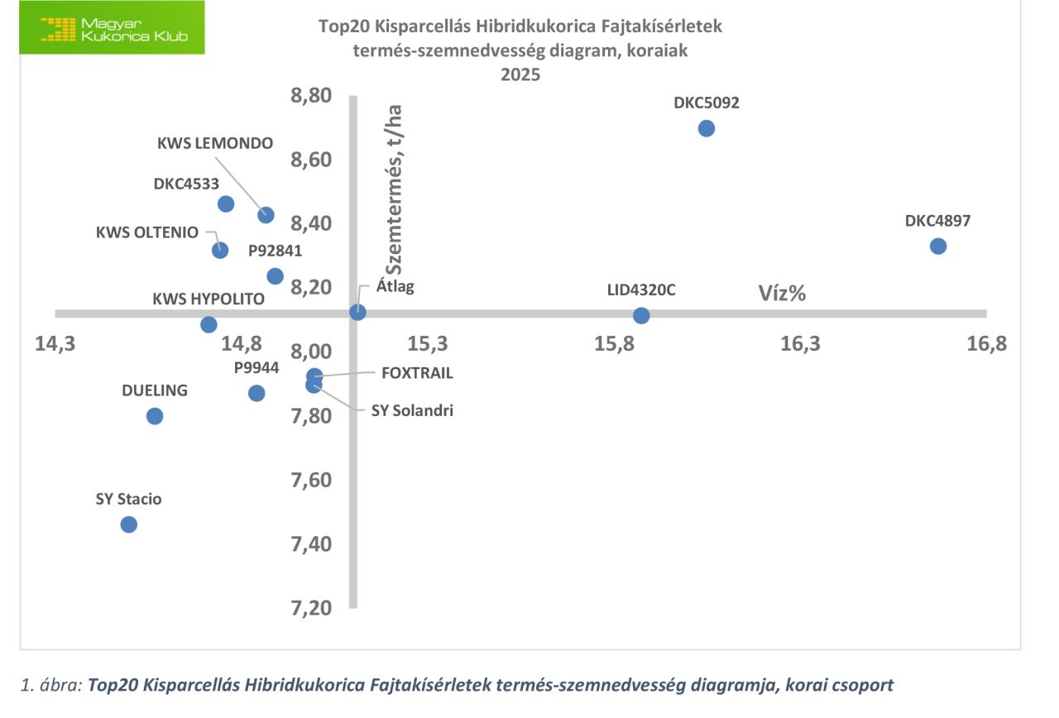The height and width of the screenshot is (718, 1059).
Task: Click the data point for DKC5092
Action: pos(706,128)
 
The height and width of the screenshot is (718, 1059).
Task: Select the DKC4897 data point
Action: pos(937,246)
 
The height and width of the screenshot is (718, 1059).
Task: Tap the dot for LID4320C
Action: pos(641,315)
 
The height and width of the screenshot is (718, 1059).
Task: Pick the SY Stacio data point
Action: pos(128,524)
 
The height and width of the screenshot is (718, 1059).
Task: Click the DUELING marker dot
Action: pos(155,415)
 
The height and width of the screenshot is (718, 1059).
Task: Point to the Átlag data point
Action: pos(357,312)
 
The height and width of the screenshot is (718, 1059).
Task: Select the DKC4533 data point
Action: pos(226,203)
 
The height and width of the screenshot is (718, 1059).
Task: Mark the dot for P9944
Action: pos(256,393)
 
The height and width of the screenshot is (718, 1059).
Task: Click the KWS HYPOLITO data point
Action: pos(208,324)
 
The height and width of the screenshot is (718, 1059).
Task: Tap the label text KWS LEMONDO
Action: pos(215,142)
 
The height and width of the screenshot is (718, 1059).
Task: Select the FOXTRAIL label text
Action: pos(417,373)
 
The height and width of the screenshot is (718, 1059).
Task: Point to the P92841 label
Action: pos(276,251)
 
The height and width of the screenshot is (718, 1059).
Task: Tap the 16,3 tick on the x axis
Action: pos(800,342)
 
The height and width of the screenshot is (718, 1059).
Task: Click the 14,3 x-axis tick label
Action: pos(55,342)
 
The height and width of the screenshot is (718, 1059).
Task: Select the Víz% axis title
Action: pos(783,293)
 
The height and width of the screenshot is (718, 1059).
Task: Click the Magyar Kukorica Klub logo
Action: pos(112,29)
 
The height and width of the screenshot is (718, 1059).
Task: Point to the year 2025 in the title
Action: pos(520,75)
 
